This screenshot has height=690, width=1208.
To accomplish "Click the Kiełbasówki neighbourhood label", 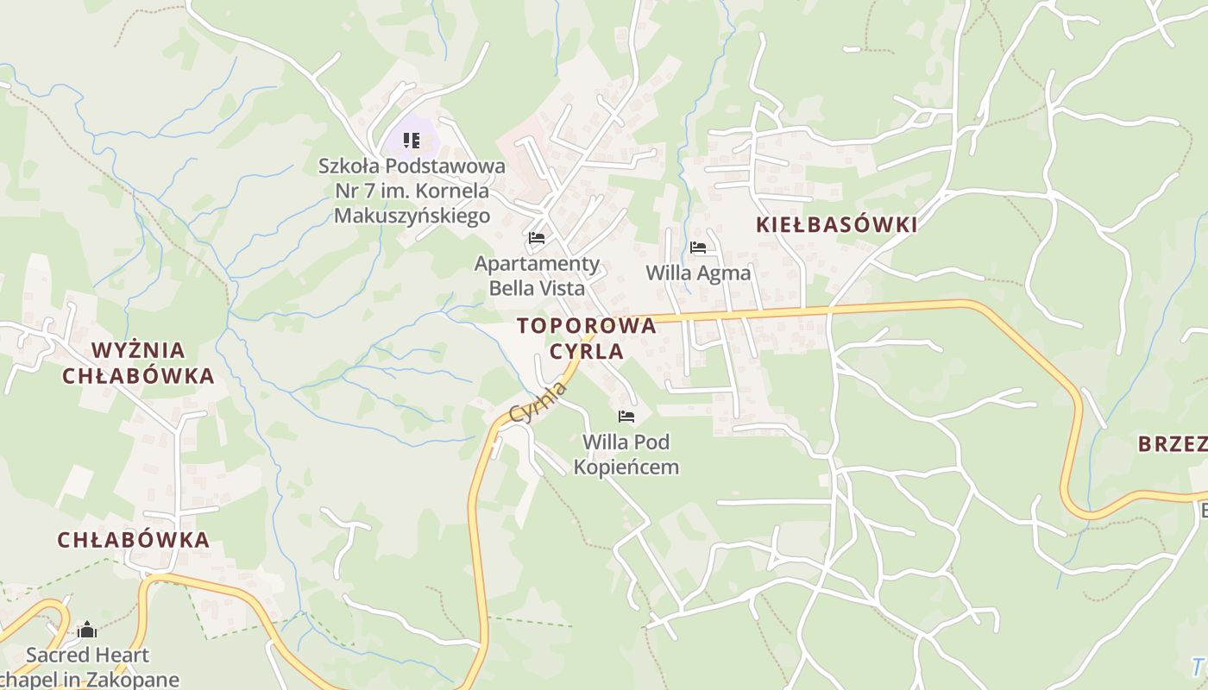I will coord(836,225).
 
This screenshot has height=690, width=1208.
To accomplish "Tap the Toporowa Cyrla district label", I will coord(587,338).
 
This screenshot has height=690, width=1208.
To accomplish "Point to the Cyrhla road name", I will coord(538,402).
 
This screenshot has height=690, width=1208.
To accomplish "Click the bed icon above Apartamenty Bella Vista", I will coord(537,237).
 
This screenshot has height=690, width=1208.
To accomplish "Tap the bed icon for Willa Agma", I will coord(698,248).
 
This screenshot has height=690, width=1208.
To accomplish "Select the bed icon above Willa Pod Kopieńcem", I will coord(626,417).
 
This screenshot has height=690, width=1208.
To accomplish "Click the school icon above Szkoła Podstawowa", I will coord(412,140).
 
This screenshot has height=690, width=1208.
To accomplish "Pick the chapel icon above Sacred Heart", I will coord(87,630).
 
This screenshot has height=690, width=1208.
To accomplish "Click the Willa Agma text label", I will coord(698,273).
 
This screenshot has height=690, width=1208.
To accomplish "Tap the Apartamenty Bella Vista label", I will coord(537,275).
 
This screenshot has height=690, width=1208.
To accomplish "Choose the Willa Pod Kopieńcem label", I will coord(626,455).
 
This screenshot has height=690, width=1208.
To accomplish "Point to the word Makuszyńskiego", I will coord(412,216).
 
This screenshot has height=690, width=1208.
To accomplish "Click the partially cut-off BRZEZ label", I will coord(1172,444).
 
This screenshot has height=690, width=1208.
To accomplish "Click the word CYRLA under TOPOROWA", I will coord(587,351).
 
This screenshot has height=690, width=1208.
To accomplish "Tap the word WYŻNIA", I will coord(138,350).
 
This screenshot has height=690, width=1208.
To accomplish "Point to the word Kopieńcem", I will coord(626,467).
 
